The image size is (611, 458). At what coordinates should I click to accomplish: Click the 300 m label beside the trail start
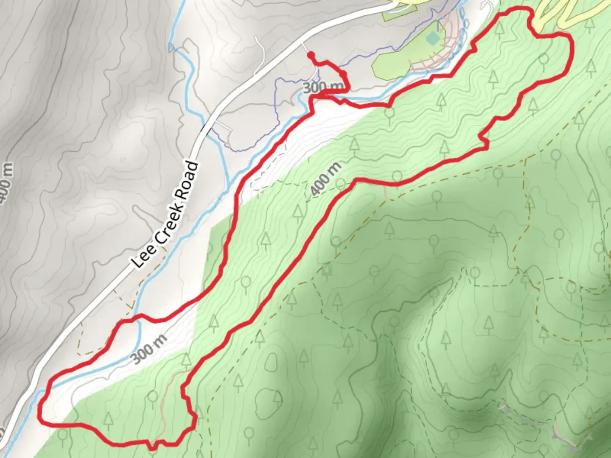coord(323,87)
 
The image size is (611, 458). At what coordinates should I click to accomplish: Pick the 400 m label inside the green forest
coord(326,179)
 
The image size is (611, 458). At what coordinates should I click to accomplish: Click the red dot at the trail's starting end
coord(311,55)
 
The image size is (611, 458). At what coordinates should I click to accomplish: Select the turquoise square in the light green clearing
coord(433,39)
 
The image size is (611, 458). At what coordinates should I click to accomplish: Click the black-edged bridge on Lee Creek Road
coord(206,128)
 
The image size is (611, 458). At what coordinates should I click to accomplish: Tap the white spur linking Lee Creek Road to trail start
coord(306,48)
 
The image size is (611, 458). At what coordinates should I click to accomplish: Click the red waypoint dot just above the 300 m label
coord(343,75)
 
